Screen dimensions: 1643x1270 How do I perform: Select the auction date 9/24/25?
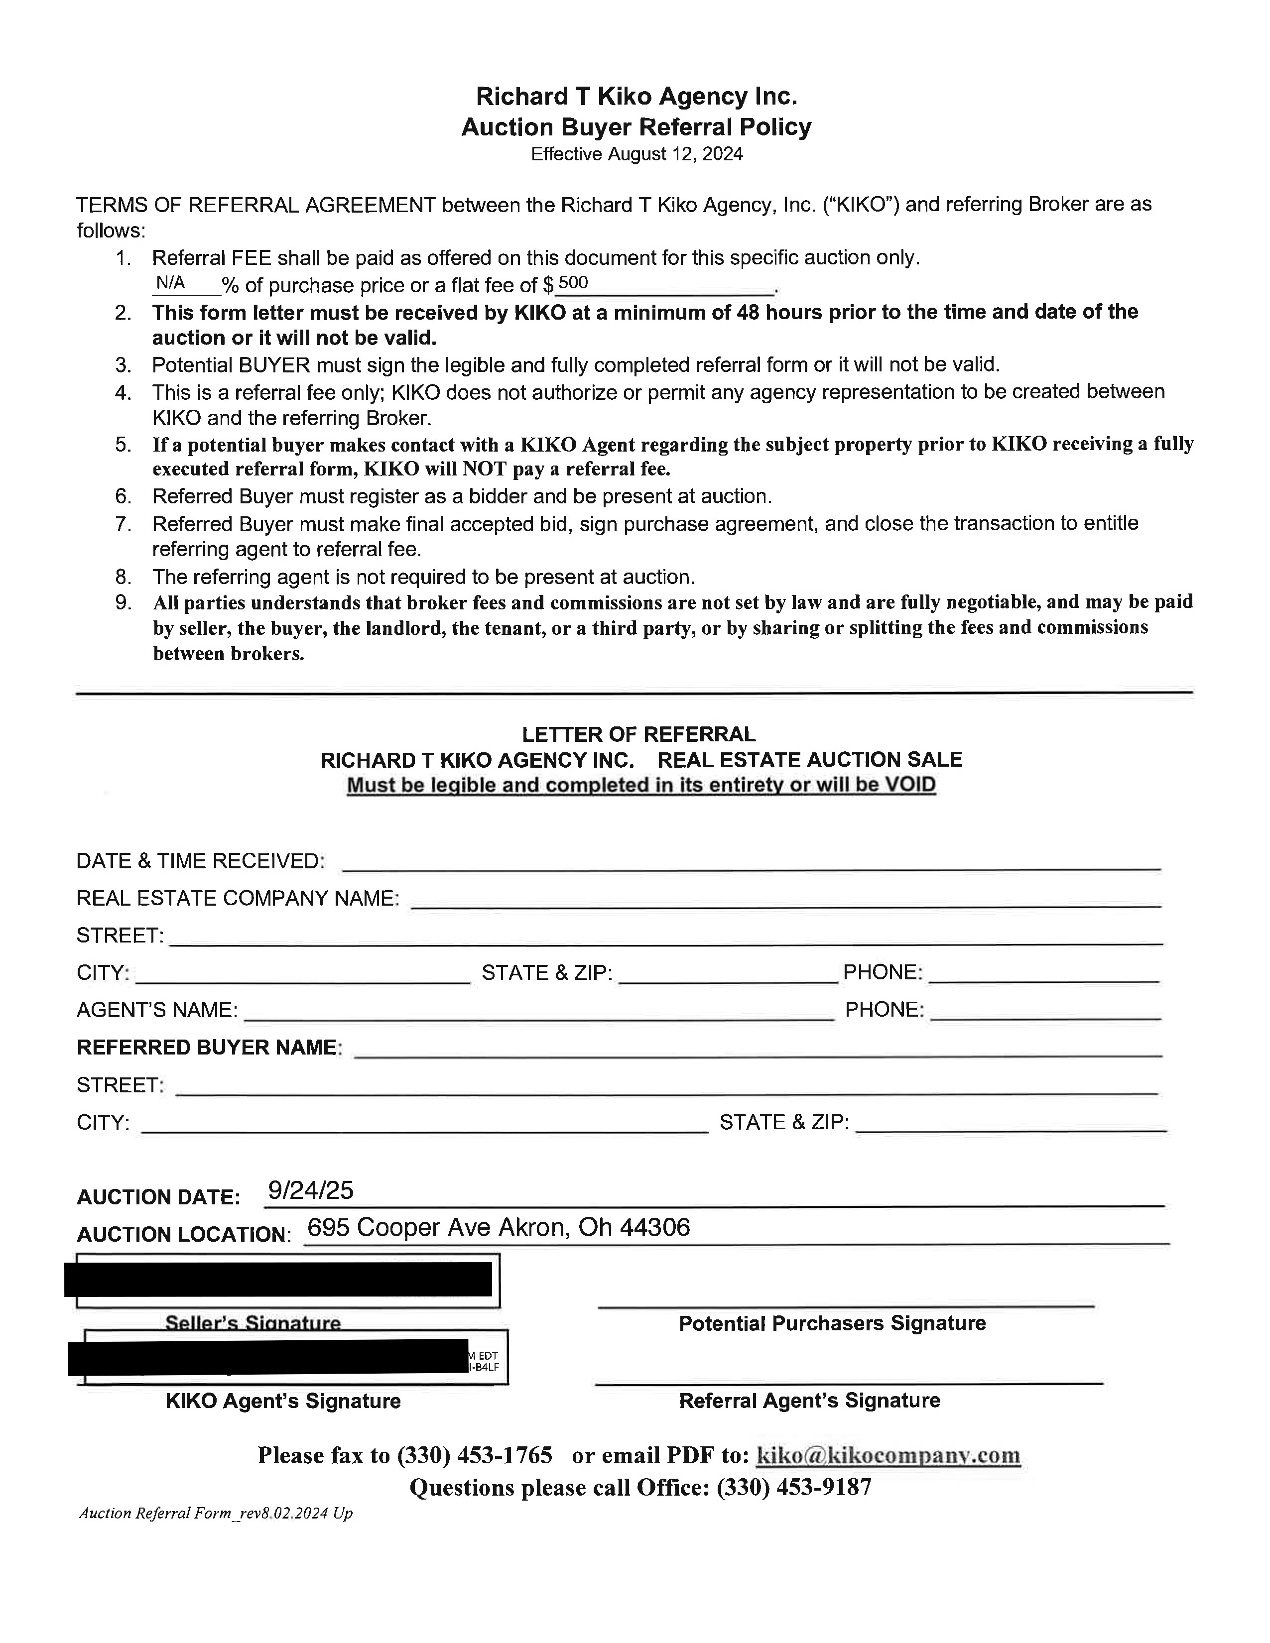click(x=310, y=1189)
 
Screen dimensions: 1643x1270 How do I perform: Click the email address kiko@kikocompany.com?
click(x=888, y=1454)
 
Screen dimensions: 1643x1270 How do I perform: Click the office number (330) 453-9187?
click(x=794, y=1487)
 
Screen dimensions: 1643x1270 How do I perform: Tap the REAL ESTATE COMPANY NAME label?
click(x=238, y=898)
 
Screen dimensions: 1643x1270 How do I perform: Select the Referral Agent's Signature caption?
click(x=809, y=1400)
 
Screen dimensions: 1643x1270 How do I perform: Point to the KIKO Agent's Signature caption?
click(x=283, y=1401)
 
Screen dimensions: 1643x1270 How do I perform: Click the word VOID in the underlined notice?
click(x=909, y=785)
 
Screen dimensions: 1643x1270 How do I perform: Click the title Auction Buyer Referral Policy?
click(x=636, y=126)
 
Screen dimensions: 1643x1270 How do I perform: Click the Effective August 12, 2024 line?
click(x=636, y=154)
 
